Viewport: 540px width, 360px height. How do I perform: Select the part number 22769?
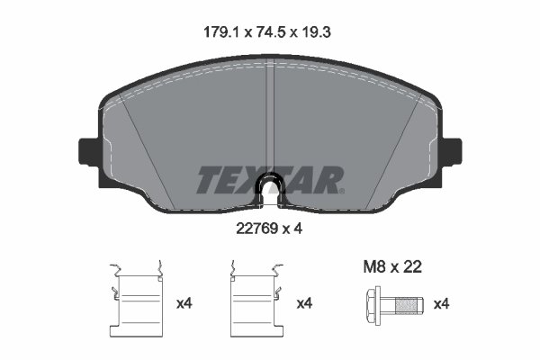tap(253, 229)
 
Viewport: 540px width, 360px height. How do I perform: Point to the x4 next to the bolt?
tap(441, 304)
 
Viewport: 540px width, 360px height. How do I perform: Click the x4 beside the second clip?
tap(305, 304)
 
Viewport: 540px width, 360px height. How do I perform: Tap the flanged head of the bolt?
tap(374, 304)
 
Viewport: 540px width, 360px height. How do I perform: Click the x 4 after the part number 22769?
tap(294, 229)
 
